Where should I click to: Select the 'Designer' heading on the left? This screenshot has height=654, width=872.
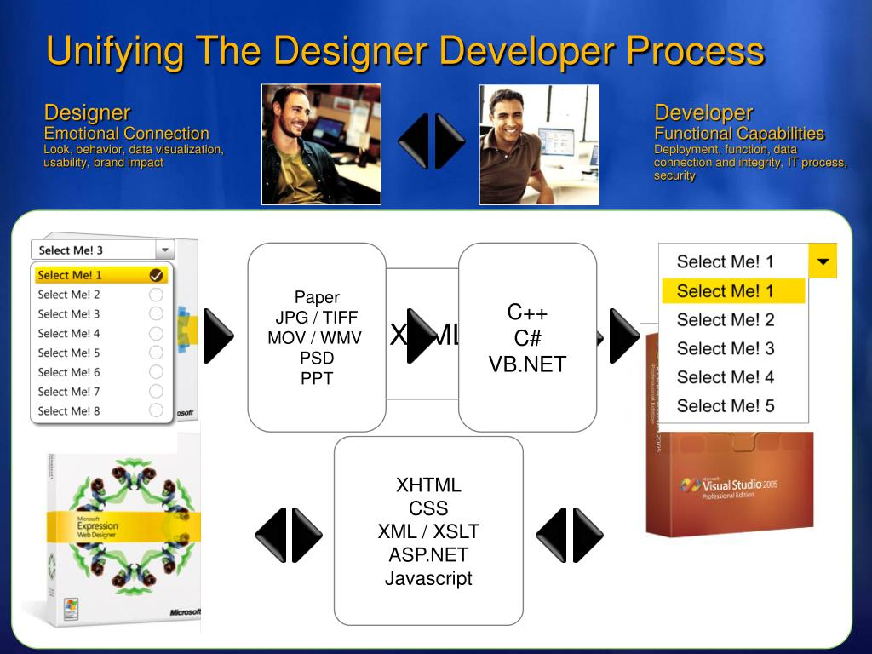tap(87, 112)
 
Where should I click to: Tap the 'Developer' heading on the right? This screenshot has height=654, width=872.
tap(703, 112)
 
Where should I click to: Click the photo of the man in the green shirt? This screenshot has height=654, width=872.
tap(321, 144)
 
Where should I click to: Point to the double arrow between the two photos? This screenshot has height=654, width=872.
tap(432, 141)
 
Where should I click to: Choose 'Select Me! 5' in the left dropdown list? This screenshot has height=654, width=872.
tap(69, 353)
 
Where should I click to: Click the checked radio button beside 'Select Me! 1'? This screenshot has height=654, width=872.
tap(156, 275)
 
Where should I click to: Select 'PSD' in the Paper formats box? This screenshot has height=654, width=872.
tap(317, 358)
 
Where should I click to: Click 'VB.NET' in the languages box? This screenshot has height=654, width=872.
tap(527, 364)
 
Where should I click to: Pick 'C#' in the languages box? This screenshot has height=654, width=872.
tap(527, 338)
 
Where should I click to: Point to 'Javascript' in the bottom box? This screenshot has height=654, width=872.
tap(428, 578)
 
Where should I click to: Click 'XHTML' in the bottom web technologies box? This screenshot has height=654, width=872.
tap(428, 485)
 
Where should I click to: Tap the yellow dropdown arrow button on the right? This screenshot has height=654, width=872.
tap(823, 261)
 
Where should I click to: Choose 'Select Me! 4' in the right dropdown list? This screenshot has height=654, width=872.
tap(726, 377)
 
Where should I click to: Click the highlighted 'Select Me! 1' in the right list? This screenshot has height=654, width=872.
tap(726, 291)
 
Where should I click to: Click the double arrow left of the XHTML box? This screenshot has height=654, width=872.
tap(289, 535)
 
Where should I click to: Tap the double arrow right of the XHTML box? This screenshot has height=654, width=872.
tap(569, 535)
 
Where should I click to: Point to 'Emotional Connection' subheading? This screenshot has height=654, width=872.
tap(126, 134)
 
